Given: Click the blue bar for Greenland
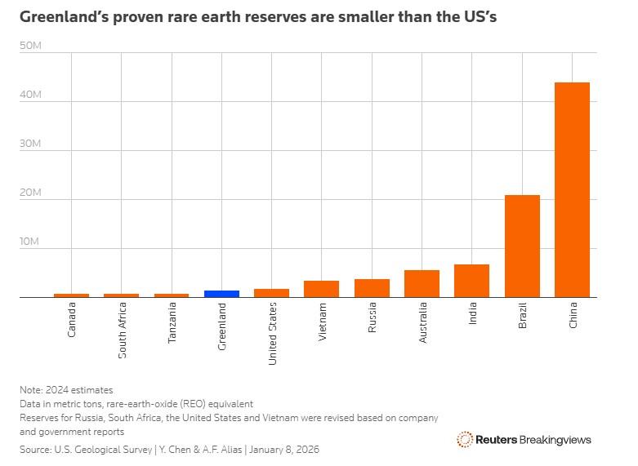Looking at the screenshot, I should (x=221, y=294).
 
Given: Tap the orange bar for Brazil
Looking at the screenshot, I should (x=522, y=246).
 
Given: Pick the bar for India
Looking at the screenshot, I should (x=471, y=281).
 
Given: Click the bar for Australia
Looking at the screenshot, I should (x=422, y=283).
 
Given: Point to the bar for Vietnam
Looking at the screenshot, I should (x=321, y=289).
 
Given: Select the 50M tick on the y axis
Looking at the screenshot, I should (x=30, y=46).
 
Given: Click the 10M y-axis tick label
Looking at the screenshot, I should (x=30, y=242).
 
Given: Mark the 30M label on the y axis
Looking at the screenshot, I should (x=30, y=144).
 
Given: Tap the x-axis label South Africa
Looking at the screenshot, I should (x=122, y=331).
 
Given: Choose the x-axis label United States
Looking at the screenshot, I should (x=272, y=333).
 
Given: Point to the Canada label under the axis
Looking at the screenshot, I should (x=72, y=321).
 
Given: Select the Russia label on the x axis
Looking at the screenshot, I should (x=372, y=318).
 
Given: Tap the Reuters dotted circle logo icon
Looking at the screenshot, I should (x=465, y=440).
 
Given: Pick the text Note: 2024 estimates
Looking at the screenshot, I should (x=66, y=390).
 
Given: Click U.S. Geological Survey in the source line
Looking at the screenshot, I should (x=101, y=449).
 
